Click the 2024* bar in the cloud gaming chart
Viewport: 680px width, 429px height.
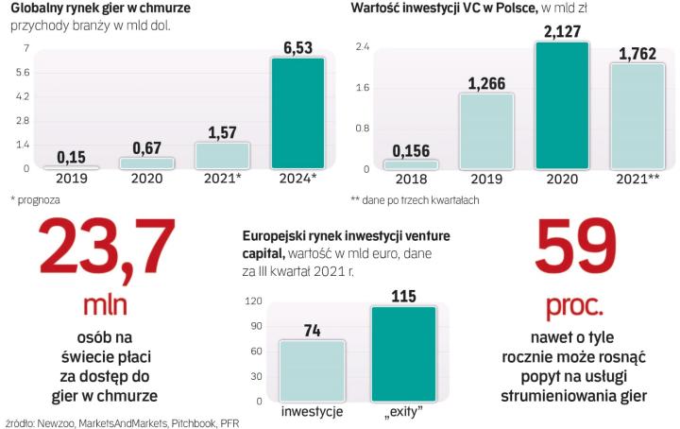coord(297,113)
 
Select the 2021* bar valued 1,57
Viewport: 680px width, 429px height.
coord(222,156)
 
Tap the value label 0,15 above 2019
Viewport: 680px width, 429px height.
coord(72,156)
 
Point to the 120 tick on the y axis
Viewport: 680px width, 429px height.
coord(254,301)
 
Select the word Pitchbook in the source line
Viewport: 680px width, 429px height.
coord(169,422)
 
